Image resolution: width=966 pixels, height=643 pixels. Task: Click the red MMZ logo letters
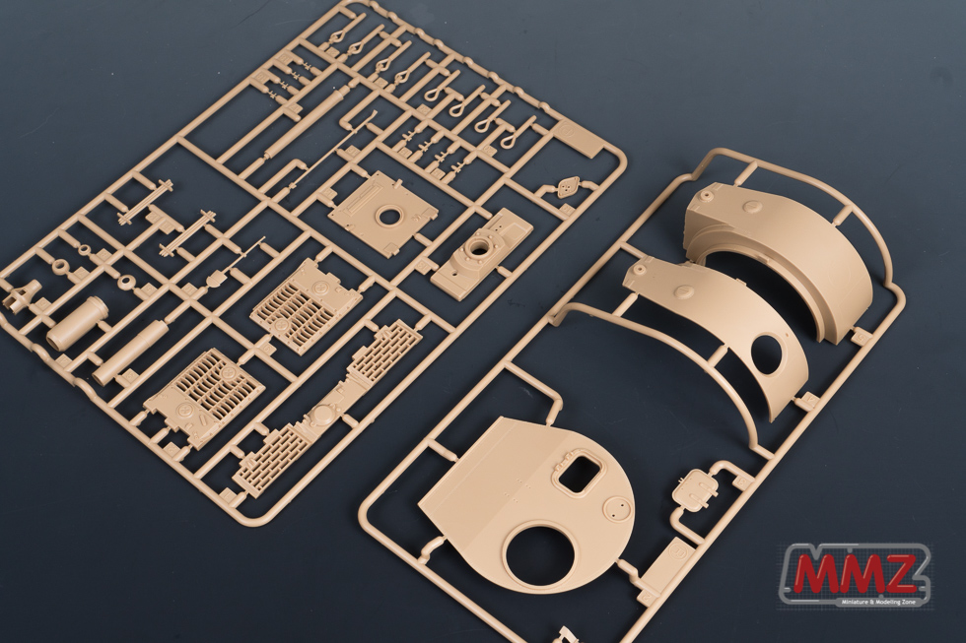coord(855,574)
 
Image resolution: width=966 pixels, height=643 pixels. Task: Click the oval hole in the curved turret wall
coord(768,354)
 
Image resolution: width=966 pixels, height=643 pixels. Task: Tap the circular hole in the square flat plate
coord(389,216)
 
